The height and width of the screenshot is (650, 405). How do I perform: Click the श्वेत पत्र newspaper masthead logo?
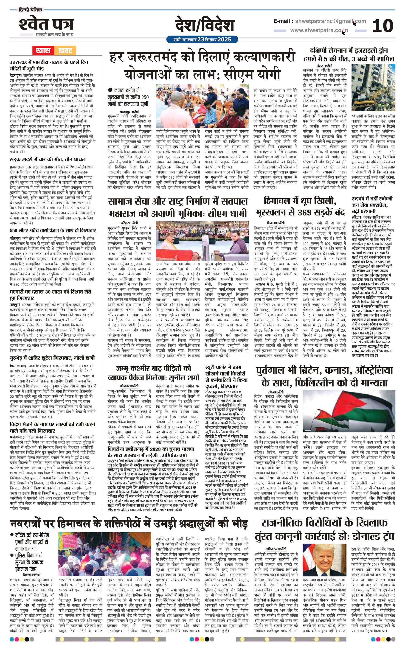[46, 25]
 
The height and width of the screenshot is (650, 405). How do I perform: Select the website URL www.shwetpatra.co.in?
[319, 31]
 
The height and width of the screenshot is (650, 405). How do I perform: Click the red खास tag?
[43, 50]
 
